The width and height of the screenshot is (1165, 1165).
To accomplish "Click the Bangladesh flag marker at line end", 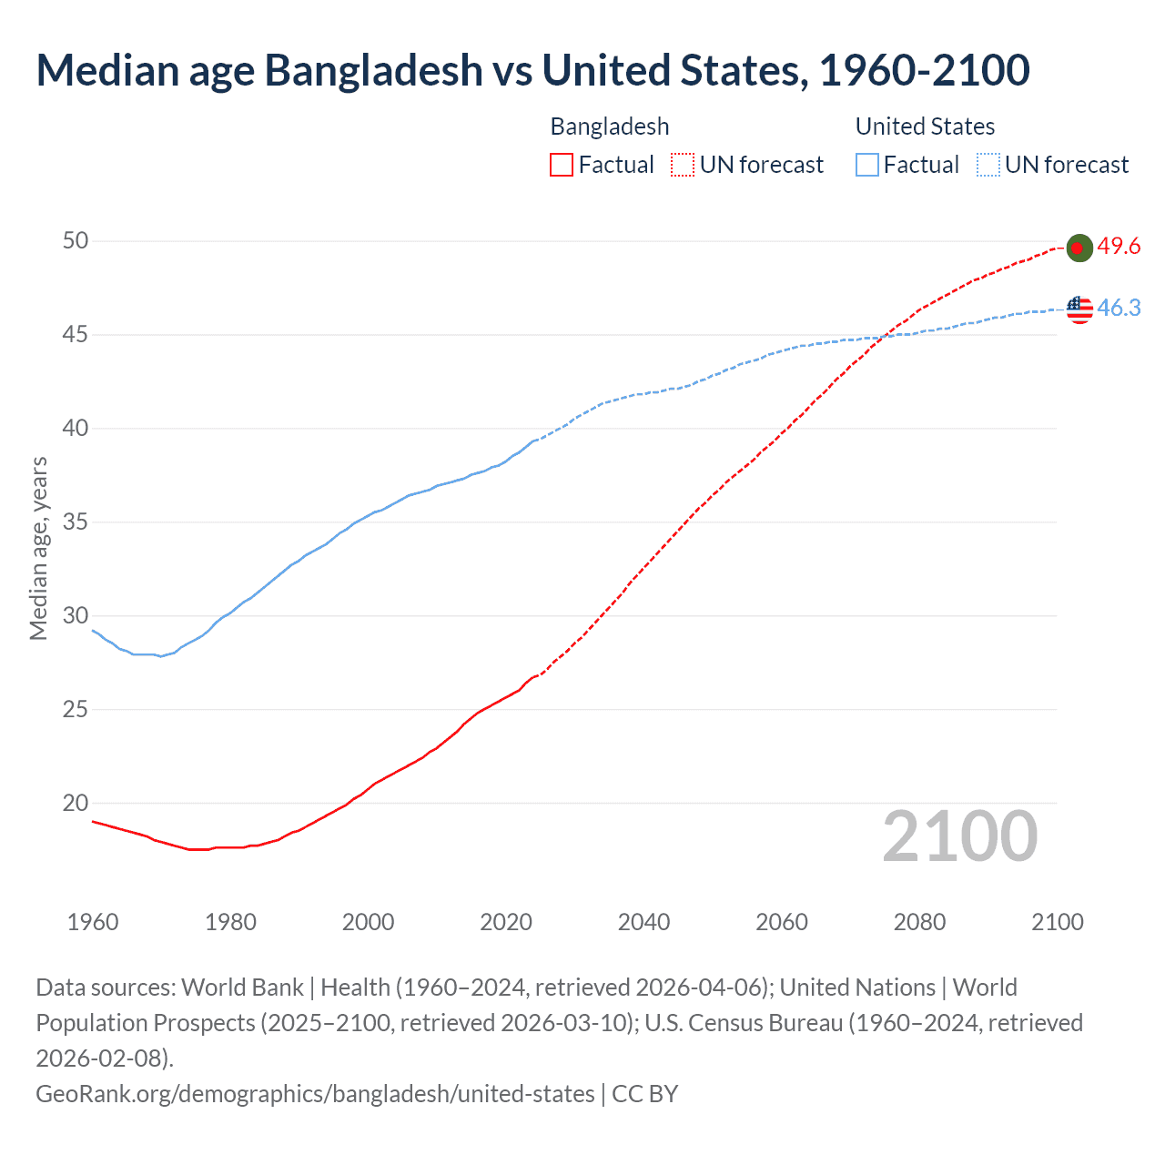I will (x=1079, y=248).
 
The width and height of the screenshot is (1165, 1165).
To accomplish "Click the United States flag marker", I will (x=1079, y=309).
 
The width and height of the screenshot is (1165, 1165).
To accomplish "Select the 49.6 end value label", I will (x=1119, y=247).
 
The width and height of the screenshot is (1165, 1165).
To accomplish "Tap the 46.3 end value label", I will (x=1119, y=309).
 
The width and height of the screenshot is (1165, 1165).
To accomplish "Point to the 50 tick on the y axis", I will (x=76, y=241).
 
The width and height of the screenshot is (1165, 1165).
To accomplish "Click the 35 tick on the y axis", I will (x=76, y=522).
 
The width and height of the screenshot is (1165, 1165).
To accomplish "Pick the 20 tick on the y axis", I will (x=76, y=803).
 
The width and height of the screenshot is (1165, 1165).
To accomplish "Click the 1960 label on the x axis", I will (x=93, y=922).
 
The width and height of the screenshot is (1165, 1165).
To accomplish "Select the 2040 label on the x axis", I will (x=643, y=922).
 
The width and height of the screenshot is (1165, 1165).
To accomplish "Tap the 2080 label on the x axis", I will (x=919, y=922).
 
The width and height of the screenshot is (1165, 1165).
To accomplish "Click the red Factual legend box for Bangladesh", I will (x=562, y=165).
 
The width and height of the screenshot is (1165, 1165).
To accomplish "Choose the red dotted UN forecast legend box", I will (x=683, y=165).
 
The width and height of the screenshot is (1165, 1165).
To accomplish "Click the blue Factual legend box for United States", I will (x=867, y=165).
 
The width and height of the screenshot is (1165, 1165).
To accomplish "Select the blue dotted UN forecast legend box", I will (x=988, y=165).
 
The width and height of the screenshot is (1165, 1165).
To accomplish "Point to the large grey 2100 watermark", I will (x=959, y=836).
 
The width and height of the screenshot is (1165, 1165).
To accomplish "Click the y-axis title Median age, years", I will (x=38, y=549).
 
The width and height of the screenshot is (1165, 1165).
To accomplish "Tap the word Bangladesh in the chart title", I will (x=373, y=70).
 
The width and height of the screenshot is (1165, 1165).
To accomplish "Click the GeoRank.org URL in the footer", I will (x=314, y=1093).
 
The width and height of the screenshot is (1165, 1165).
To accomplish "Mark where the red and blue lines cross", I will (x=880, y=338).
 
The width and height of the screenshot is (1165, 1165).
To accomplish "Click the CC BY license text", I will (x=644, y=1093).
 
